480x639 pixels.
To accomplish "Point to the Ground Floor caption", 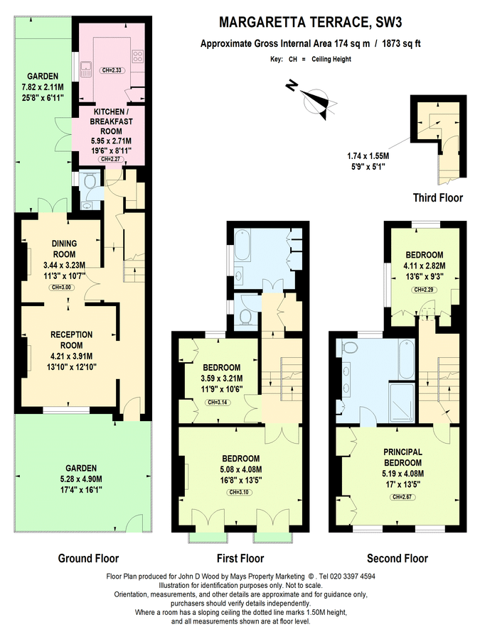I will pyautogui.click(x=88, y=558).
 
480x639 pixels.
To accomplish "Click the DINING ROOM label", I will pyautogui.click(x=64, y=248).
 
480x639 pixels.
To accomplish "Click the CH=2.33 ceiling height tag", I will pyautogui.click(x=112, y=70).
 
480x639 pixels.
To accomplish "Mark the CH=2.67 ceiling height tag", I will pyautogui.click(x=402, y=498).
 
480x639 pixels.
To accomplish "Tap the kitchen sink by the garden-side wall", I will pyautogui.click(x=86, y=69).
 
